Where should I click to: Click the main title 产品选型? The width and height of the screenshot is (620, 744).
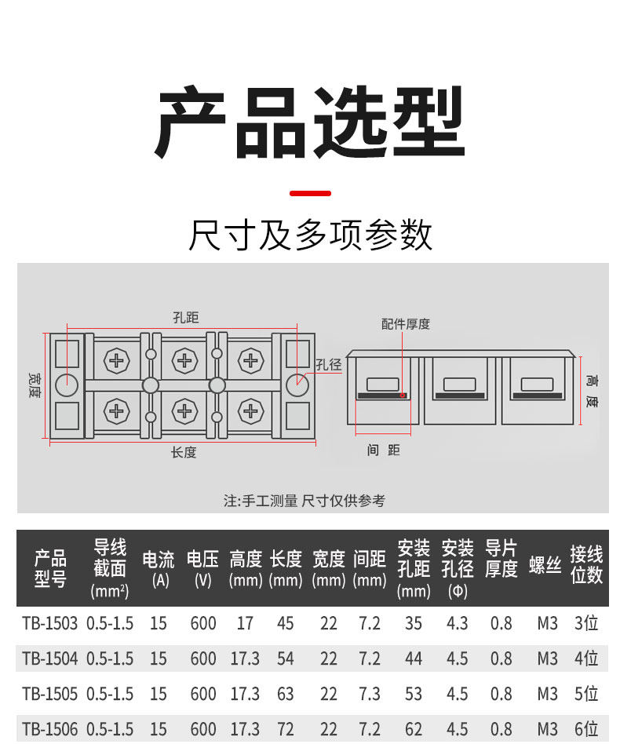(x=310, y=123)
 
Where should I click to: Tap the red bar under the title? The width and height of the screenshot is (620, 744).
(x=310, y=192)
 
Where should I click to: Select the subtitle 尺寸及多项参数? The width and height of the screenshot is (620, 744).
(x=310, y=235)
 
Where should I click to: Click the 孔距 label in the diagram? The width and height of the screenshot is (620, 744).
(x=185, y=317)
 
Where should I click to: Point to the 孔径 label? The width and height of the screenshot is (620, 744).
(x=329, y=364)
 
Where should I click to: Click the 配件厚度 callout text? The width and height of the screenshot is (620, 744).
(x=406, y=323)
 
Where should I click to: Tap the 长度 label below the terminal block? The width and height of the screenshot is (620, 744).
(x=184, y=452)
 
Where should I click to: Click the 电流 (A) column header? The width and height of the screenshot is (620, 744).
(x=159, y=568)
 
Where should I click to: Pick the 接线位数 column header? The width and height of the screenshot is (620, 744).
(x=586, y=565)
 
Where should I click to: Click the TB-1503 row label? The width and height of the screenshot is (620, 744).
(x=49, y=623)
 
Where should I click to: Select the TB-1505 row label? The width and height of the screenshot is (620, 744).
(x=49, y=694)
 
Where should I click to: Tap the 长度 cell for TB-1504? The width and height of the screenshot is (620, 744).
(x=286, y=658)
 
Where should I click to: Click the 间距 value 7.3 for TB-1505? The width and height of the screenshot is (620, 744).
(x=369, y=694)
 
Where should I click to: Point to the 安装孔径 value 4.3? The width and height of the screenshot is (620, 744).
(x=457, y=623)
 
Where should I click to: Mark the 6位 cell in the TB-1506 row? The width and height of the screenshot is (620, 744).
(x=586, y=729)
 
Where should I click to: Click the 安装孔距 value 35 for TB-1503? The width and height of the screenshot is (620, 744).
(x=414, y=623)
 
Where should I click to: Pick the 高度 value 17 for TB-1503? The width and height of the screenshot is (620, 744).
(x=245, y=623)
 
